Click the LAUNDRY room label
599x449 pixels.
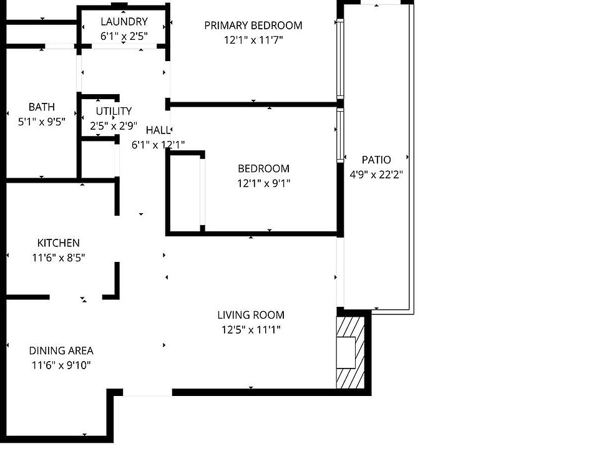coord(124,22)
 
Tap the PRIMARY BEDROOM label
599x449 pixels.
coord(253,26)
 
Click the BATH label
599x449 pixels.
coord(42,107)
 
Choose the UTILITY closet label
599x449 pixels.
coord(114,111)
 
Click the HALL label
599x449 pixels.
coord(158,130)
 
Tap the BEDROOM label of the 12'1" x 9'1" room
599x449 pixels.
coord(263,168)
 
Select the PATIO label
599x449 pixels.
coord(376,160)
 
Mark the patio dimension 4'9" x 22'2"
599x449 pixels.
coord(376,175)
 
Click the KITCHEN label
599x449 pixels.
coord(58,243)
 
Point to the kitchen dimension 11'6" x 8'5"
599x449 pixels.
coord(58,258)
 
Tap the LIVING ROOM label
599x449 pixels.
coord(251,316)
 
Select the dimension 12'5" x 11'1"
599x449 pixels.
coord(251,330)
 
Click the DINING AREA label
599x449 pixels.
coord(61,351)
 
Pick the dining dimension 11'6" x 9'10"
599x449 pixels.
coord(61,365)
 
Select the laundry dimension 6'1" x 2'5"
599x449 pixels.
coord(124,36)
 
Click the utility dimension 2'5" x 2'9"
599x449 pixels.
coord(114,125)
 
